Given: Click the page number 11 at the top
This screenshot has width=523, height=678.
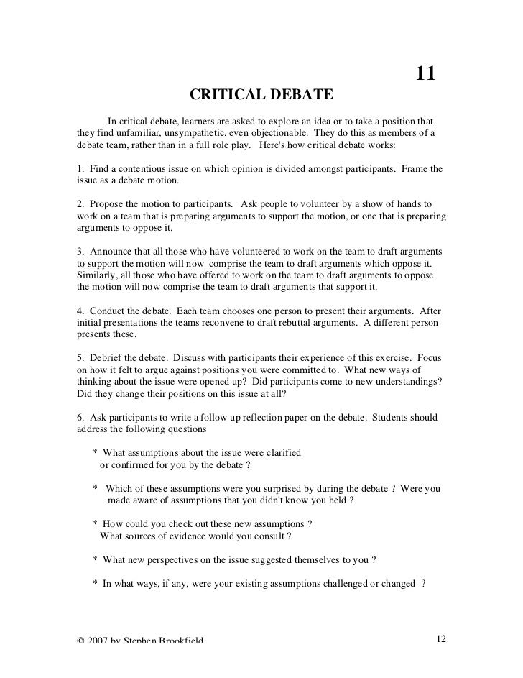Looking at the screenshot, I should click(425, 75).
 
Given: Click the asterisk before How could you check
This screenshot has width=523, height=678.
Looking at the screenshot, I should click(96, 523).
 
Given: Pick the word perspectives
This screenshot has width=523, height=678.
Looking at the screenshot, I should click(175, 559).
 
